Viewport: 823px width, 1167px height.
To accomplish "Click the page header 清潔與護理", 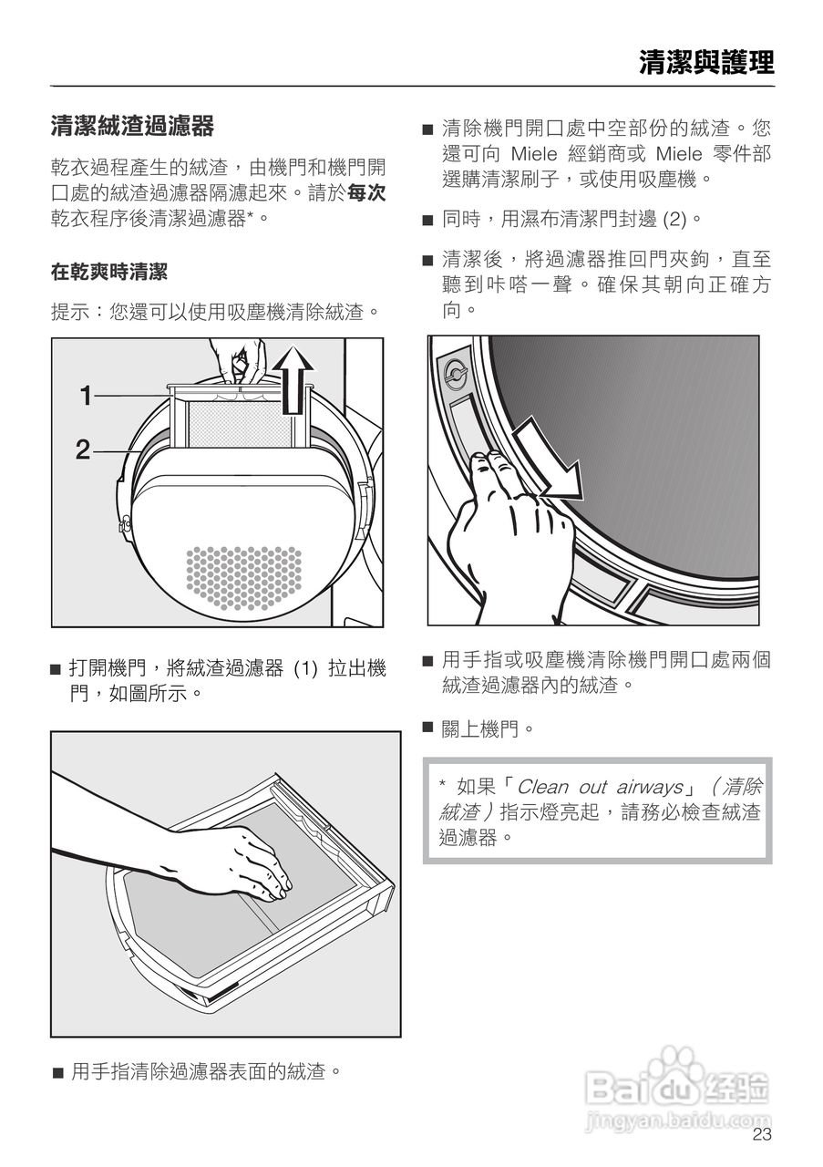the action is tap(707, 64).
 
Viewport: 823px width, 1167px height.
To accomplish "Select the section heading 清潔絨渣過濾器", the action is tap(132, 127).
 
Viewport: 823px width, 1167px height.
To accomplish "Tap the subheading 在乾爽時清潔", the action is tap(108, 272).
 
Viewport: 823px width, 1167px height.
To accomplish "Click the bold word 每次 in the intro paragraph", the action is tap(366, 193).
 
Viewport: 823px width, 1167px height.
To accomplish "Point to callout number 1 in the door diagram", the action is tap(86, 396).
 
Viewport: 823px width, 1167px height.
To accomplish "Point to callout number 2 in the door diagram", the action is tap(83, 449).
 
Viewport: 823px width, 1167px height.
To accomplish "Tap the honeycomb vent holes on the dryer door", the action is tap(243, 578).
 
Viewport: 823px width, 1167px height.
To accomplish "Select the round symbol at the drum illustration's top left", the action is tap(456, 373).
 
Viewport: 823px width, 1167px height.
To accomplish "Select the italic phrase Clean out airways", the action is tap(600, 787).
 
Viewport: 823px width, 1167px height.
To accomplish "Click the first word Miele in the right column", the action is tap(534, 154).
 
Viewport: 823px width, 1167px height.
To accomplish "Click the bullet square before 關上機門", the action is tap(427, 727).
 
